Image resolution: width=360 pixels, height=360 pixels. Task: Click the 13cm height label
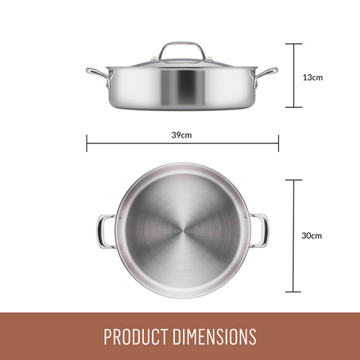(x=313, y=78)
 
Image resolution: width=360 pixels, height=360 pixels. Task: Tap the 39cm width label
(x=182, y=135)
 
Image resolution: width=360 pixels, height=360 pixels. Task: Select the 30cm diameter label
(x=311, y=236)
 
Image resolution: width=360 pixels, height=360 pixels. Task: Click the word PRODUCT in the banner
(x=136, y=336)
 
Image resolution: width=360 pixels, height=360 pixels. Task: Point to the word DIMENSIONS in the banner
(x=214, y=336)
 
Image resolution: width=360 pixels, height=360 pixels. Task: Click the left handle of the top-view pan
(x=100, y=232)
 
